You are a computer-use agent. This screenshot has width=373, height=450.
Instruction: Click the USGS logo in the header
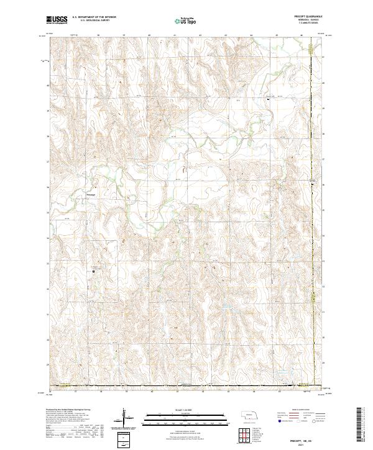click(57, 20)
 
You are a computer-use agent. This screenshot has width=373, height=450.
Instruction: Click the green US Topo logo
click(185, 22)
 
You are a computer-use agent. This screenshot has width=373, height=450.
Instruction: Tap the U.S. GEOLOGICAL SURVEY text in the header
click(91, 20)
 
